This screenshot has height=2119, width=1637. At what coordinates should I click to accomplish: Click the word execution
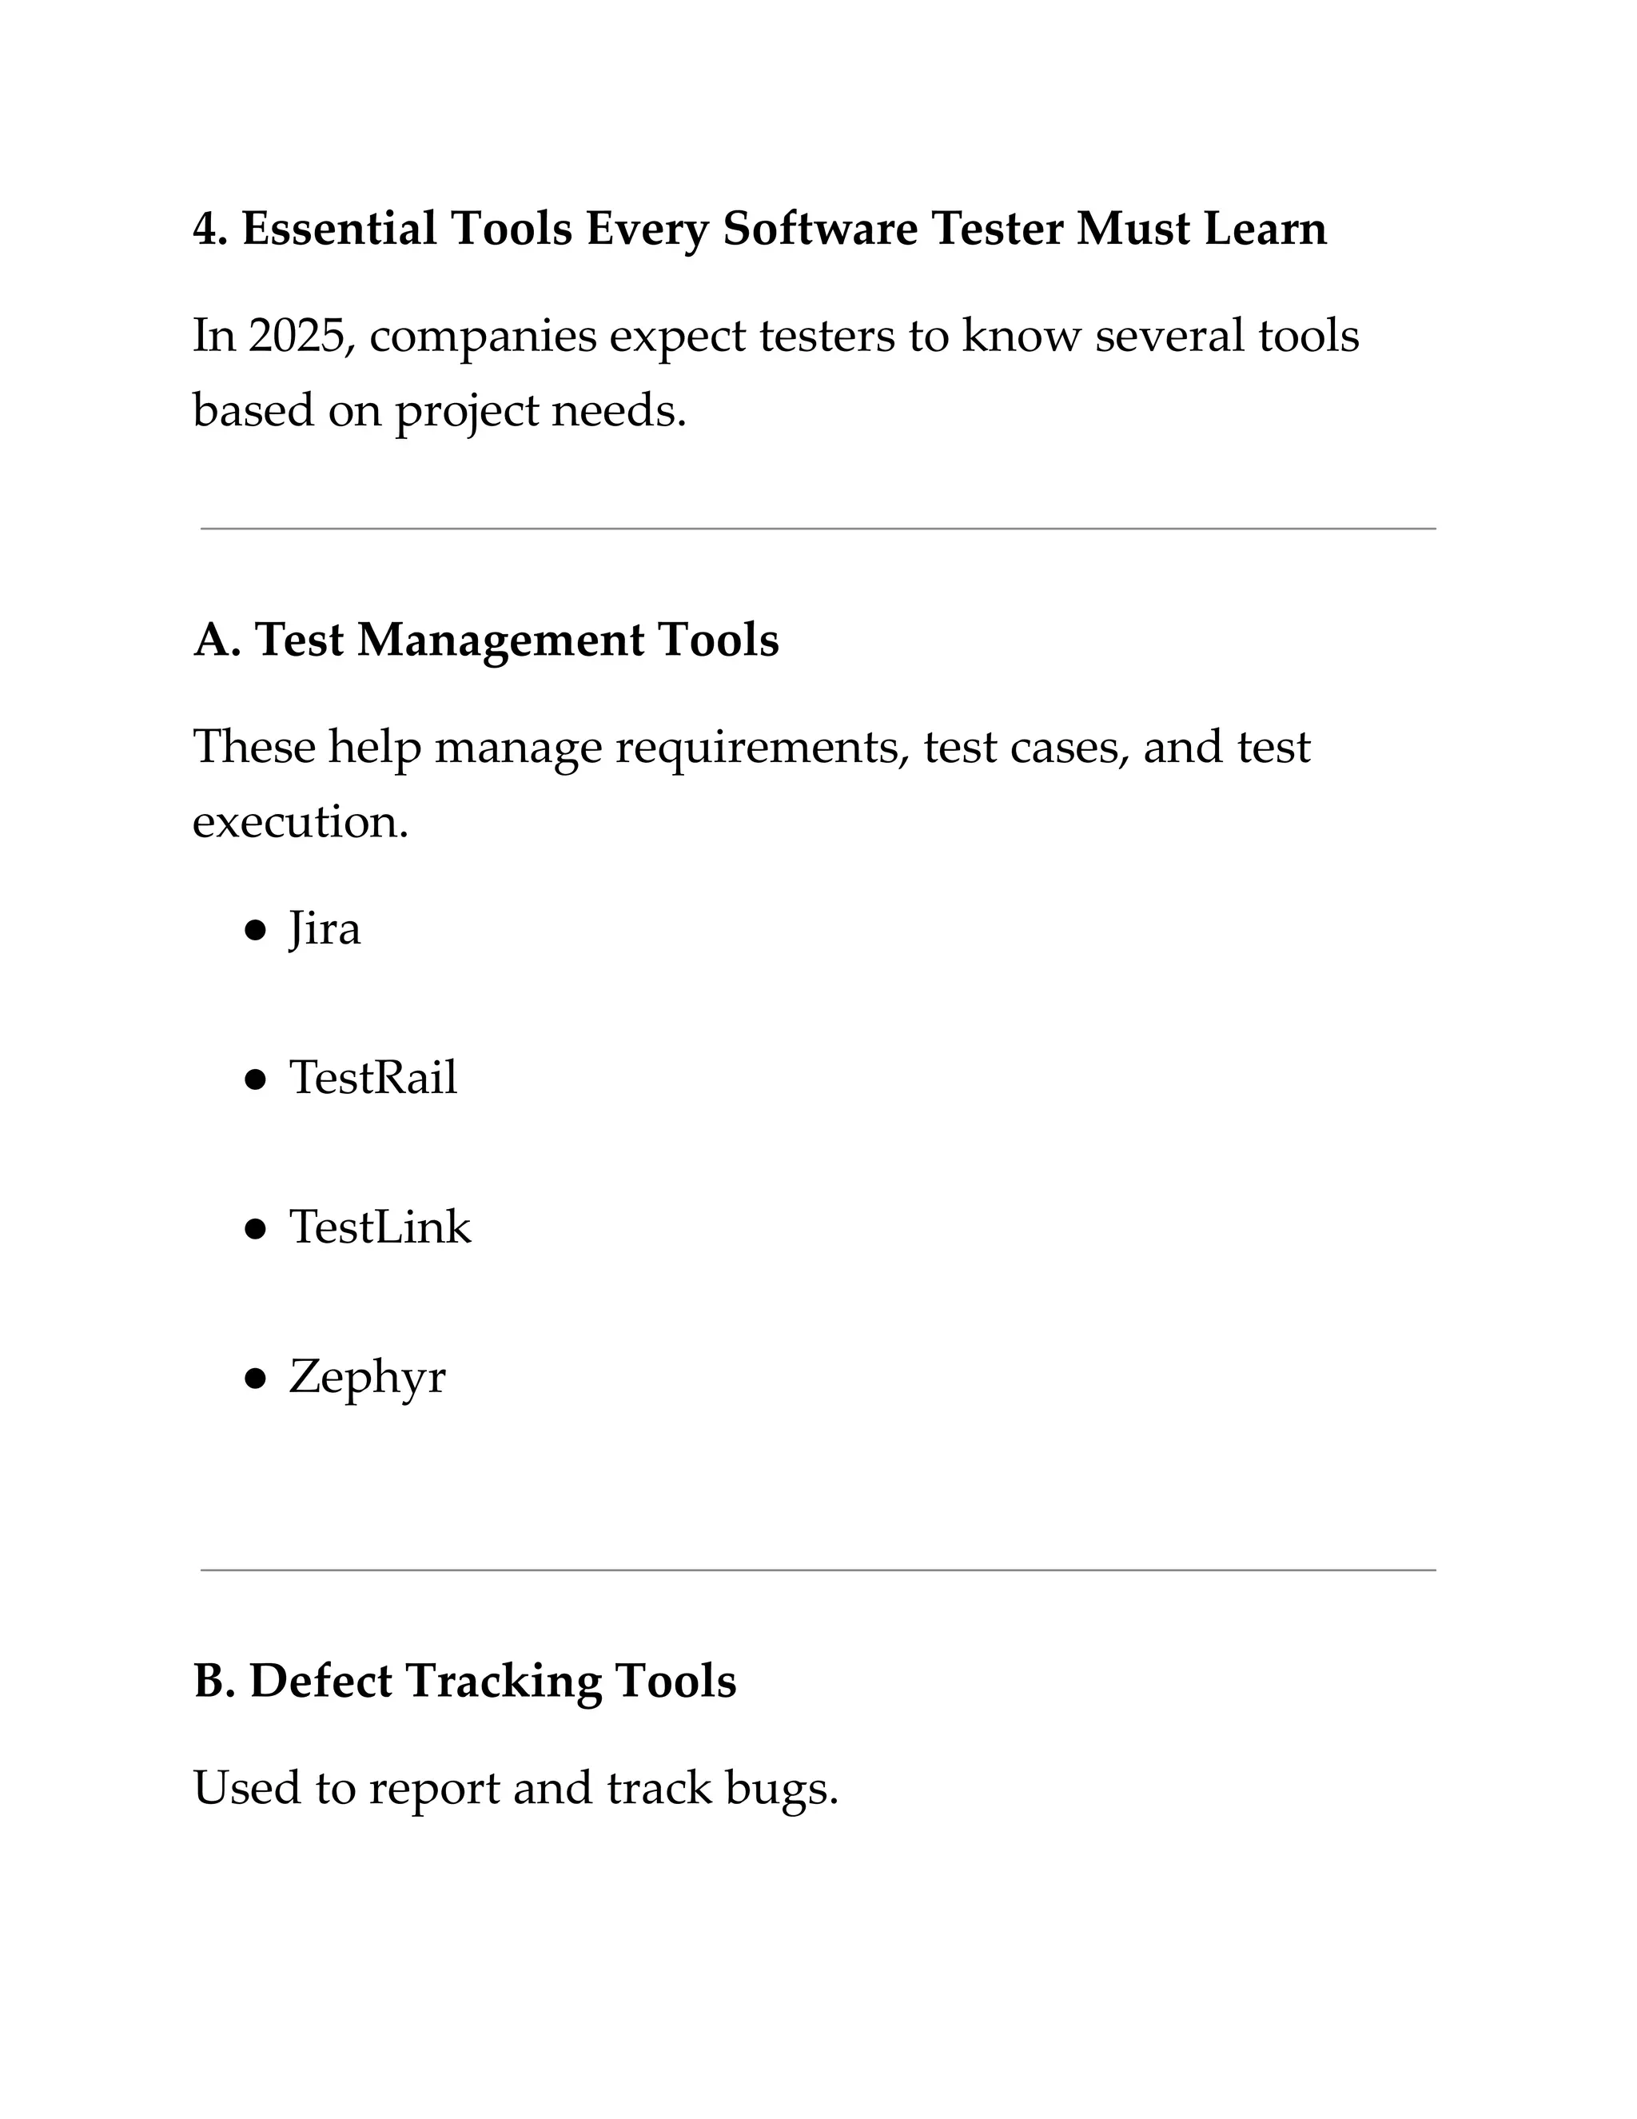pos(300,823)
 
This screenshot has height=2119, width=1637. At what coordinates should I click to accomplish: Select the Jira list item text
pos(324,929)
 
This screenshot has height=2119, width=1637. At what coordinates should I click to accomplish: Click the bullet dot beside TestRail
pos(255,1079)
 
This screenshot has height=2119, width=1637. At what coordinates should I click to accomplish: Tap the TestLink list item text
pos(380,1227)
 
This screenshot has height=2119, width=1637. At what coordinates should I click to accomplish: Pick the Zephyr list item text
pos(367,1378)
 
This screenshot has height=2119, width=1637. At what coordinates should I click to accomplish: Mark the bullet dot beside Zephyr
pos(255,1378)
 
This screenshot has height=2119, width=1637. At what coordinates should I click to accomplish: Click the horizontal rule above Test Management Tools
pos(818,529)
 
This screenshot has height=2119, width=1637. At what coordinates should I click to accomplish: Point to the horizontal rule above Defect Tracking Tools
pos(818,1570)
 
